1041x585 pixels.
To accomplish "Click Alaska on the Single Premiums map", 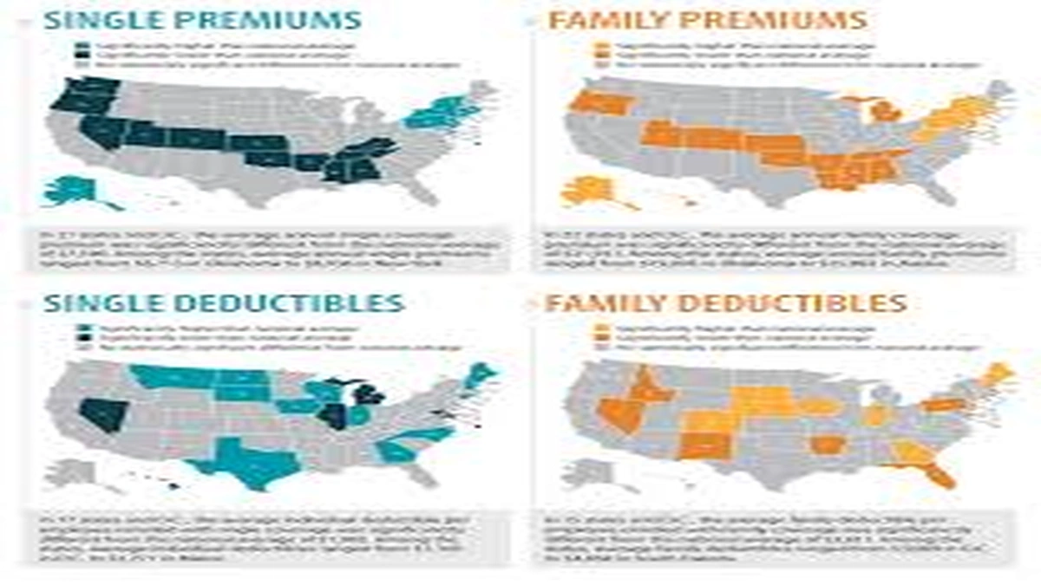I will (x=75, y=190).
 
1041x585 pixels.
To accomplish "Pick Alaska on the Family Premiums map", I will (x=590, y=190).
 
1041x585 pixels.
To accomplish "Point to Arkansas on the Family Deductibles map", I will (x=829, y=445).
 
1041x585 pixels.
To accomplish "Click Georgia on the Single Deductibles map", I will (x=395, y=451).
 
